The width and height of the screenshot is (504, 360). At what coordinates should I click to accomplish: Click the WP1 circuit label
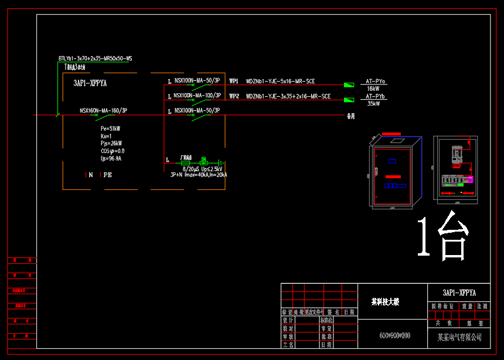[234, 81]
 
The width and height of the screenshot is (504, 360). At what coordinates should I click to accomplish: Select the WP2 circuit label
[234, 96]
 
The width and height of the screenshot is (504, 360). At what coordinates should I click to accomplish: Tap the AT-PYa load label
[376, 81]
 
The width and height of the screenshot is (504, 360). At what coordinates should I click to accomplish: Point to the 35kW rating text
[374, 104]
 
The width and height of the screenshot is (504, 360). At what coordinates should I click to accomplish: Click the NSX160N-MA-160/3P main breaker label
[103, 110]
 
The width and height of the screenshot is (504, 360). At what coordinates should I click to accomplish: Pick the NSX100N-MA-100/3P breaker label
[197, 95]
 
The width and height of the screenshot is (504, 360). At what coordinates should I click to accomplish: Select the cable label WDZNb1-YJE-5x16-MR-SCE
[280, 81]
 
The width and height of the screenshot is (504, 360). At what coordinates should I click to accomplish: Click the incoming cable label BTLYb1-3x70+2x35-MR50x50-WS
[95, 59]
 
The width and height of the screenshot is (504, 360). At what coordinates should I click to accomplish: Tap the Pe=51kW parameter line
[111, 128]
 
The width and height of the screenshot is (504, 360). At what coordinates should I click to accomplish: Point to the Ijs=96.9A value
[111, 158]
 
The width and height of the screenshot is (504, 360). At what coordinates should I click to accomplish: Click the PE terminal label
[108, 175]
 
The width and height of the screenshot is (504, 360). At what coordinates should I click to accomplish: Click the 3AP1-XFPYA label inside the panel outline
[90, 84]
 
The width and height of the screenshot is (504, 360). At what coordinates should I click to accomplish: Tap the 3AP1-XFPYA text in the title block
[459, 293]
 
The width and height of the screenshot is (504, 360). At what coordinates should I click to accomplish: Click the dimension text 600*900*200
[395, 335]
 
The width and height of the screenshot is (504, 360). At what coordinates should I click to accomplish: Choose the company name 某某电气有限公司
[459, 337]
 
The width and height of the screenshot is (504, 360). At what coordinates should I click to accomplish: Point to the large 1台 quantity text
[442, 237]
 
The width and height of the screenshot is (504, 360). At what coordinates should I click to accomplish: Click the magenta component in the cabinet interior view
[469, 179]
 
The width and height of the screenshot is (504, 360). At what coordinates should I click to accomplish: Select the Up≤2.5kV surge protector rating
[212, 168]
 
